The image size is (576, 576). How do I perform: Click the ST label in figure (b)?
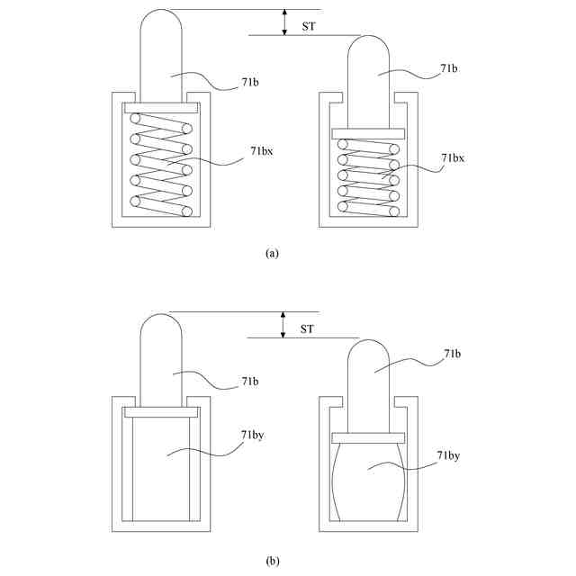tap(307, 330)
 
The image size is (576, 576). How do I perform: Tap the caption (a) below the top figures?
tap(272, 254)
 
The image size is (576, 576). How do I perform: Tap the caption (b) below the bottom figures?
tap(272, 561)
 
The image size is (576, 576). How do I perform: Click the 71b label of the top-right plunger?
tap(449, 67)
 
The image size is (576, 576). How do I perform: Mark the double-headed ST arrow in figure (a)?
tap(283, 22)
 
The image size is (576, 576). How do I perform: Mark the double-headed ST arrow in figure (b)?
tap(283, 325)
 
